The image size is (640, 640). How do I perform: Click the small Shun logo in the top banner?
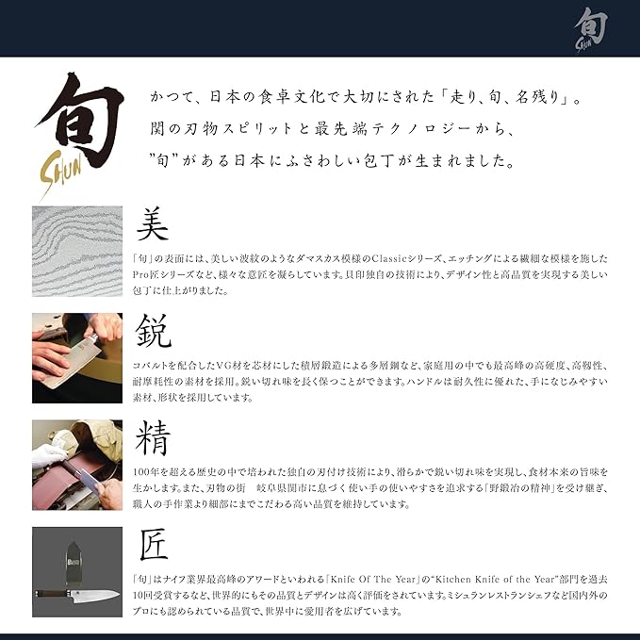coord(590,28)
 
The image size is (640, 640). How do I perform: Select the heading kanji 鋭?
coord(153,333)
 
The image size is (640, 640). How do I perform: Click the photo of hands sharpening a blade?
coord(77,358)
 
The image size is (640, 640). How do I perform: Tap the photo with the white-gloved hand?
coord(77,465)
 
